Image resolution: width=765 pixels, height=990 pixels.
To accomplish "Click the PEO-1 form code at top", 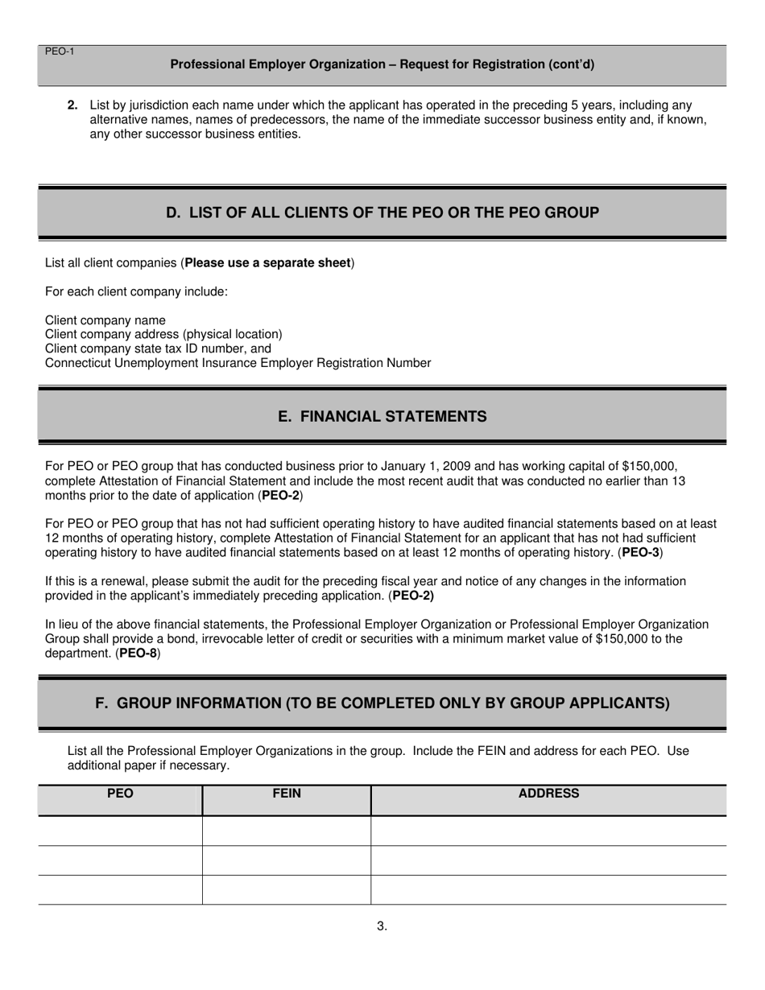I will click(60, 52).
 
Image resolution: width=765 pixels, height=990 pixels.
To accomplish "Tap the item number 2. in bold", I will click(72, 105).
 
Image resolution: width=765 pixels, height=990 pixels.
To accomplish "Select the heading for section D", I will click(382, 212).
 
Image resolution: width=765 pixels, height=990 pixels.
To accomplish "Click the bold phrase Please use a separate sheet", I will click(268, 263).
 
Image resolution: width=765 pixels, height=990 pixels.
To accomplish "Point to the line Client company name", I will click(105, 320).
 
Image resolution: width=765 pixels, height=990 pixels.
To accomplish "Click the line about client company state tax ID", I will click(158, 349).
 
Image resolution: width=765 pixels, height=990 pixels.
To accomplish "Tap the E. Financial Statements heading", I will click(382, 416).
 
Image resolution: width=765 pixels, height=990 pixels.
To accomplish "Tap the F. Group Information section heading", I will click(382, 703).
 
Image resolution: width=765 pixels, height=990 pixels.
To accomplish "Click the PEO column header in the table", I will click(120, 794).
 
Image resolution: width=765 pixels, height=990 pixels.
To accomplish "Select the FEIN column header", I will click(287, 794).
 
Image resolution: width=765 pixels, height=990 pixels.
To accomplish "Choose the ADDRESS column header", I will click(548, 794).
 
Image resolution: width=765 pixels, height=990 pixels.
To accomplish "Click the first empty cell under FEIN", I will click(287, 831).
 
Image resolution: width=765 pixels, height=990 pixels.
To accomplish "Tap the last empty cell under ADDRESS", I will click(548, 890).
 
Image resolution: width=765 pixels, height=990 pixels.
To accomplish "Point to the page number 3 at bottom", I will click(382, 926).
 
